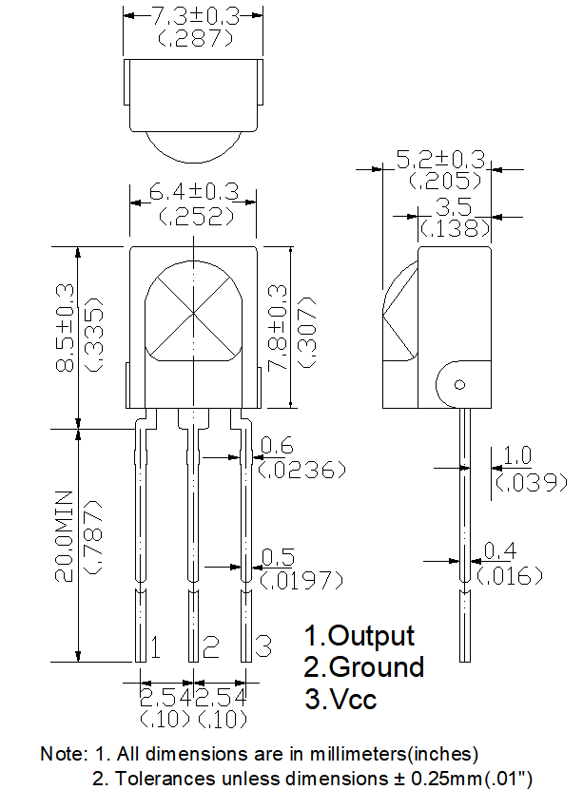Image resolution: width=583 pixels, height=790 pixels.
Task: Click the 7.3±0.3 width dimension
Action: [x=193, y=15]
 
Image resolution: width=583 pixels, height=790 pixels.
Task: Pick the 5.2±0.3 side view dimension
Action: [x=440, y=159]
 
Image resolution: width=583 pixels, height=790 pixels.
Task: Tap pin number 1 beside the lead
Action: [x=155, y=648]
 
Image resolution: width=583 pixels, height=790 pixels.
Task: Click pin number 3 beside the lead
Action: [x=264, y=648]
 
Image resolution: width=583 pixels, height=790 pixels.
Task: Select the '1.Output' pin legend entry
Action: [x=360, y=635]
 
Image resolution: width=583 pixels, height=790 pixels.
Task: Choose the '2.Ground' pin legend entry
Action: [x=364, y=667]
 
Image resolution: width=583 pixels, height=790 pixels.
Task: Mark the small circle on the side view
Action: [x=458, y=385]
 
